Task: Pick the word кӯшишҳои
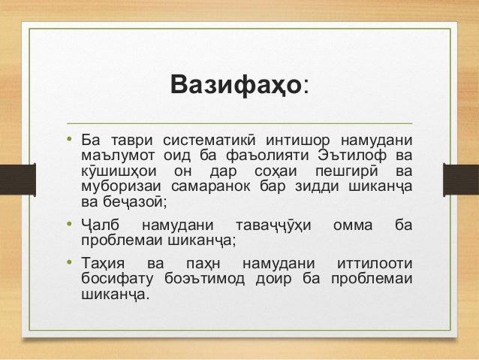pyautogui.click(x=117, y=172)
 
